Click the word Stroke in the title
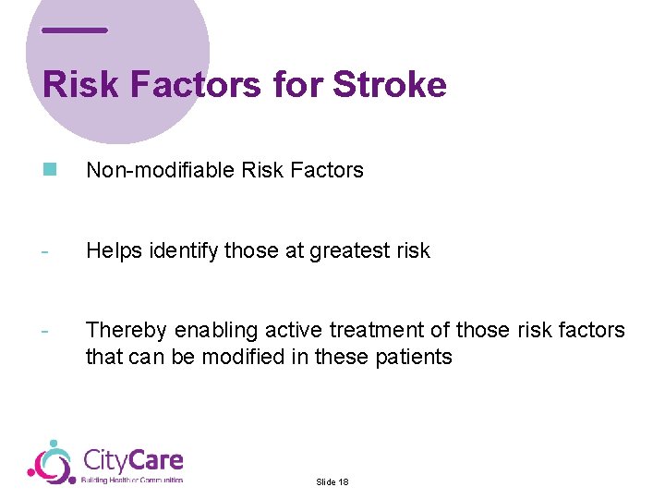[389, 85]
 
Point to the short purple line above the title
[75, 30]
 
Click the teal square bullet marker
[49, 169]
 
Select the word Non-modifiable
[159, 170]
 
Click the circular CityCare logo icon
[52, 463]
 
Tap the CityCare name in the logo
[133, 459]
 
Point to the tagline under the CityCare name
[132, 481]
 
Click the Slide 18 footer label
[332, 482]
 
